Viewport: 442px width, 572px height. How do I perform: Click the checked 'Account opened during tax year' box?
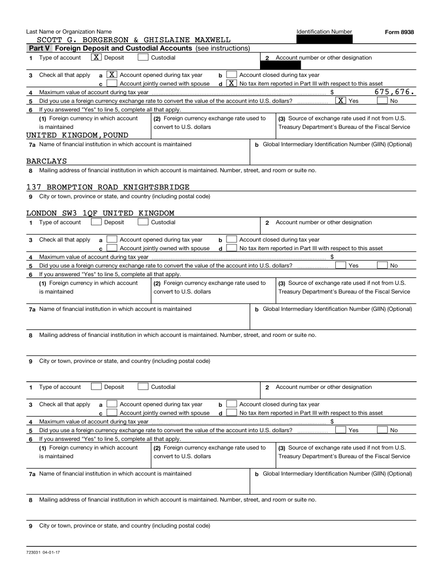point(112,75)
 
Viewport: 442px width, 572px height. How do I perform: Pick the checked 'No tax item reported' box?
point(231,83)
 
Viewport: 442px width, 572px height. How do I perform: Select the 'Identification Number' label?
point(324,31)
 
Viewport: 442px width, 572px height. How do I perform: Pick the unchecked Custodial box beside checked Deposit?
point(144,57)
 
